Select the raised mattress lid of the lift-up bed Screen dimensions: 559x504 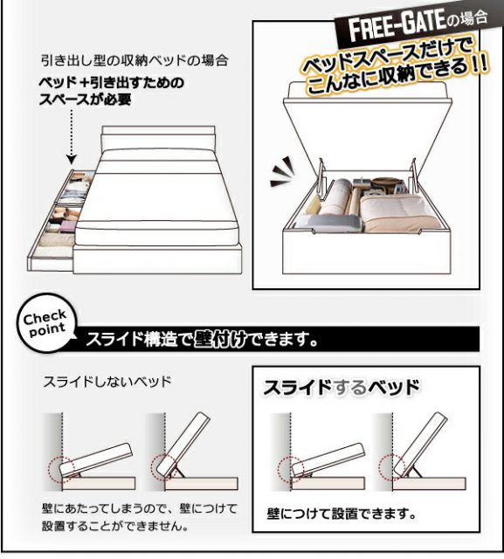349,131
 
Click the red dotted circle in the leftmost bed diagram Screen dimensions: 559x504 60,469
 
